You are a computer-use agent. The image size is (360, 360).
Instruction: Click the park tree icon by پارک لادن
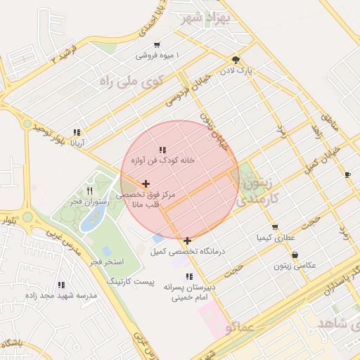[235, 60]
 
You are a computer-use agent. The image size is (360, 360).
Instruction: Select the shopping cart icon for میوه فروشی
[156, 44]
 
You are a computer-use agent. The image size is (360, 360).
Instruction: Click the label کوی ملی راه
[131, 82]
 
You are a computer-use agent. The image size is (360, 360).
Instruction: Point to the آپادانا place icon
[76, 132]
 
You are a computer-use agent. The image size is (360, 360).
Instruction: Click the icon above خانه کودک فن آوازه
[162, 150]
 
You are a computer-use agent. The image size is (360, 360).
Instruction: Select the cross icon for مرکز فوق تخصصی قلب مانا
[146, 184]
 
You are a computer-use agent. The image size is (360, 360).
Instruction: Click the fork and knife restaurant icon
[89, 191]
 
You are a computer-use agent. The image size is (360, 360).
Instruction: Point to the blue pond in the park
[91, 221]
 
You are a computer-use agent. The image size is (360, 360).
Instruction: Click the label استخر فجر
[108, 262]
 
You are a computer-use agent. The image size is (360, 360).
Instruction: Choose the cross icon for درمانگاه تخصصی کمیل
[187, 241]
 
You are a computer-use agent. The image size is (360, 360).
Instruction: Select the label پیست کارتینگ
[129, 281]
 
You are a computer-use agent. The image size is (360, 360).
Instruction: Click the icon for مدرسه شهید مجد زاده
[61, 285]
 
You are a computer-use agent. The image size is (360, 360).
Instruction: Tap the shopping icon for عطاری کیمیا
[274, 227]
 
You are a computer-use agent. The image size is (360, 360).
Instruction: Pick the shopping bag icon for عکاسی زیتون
[294, 255]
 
